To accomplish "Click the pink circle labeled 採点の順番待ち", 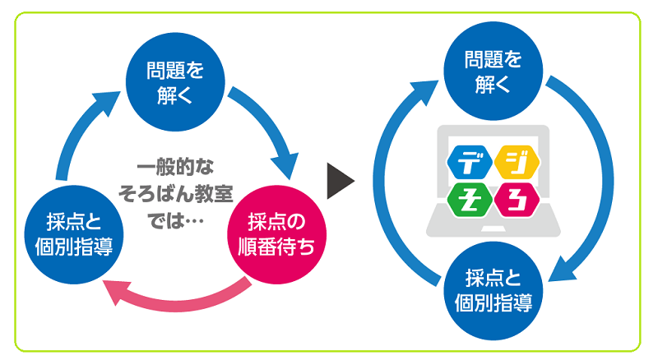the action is tap(277, 234).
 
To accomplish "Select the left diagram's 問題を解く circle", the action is tap(175, 82).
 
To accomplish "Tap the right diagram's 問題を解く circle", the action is tap(493, 71).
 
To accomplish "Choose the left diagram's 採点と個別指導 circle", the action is tap(74, 234).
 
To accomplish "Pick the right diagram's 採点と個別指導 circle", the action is tap(493, 291).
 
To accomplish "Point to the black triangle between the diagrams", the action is tap(341, 181).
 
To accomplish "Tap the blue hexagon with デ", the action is tap(470, 162).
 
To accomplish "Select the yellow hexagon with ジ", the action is tap(517, 162).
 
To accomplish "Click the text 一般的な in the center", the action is tap(175, 167).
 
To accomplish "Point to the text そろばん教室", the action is tap(175, 194).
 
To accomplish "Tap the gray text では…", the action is tap(175, 221).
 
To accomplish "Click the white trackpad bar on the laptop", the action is tap(493, 229).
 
